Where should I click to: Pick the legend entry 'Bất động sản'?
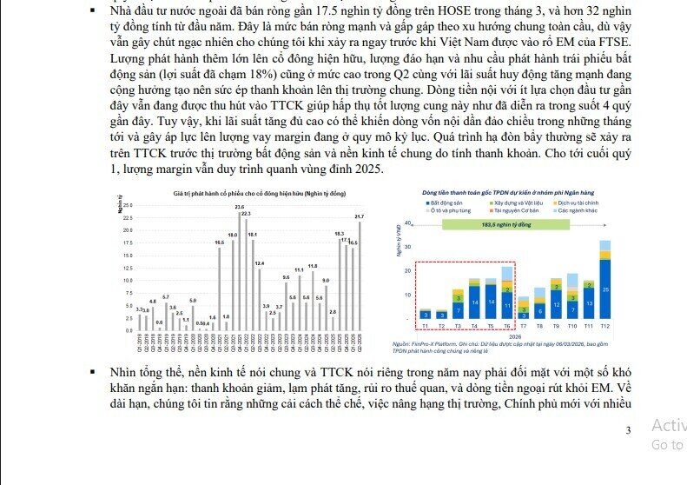446,203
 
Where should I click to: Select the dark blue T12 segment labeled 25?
604,289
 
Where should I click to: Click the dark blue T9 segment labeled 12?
556,306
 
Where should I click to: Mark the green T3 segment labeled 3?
458,297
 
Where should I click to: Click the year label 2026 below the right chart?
514,334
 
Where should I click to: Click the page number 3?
629,429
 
